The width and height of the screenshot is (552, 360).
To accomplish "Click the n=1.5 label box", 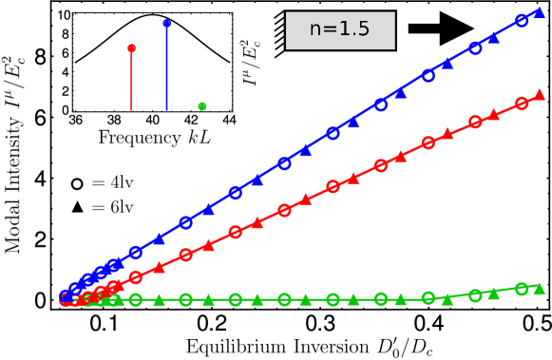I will pyautogui.click(x=340, y=29).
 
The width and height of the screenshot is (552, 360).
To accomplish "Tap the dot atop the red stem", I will pyautogui.click(x=131, y=47).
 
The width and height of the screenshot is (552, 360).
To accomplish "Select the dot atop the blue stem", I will pyautogui.click(x=167, y=22).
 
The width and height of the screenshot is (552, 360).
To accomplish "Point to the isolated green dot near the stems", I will pyautogui.click(x=201, y=105).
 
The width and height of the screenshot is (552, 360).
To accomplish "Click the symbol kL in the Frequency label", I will pyautogui.click(x=200, y=138).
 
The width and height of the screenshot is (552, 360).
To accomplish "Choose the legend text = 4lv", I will pyautogui.click(x=113, y=182).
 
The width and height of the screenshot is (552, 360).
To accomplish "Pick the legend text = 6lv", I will pyautogui.click(x=113, y=206).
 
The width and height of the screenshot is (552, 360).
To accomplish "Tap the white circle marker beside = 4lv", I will pyautogui.click(x=76, y=183).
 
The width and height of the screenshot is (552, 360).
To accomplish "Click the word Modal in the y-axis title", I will pyautogui.click(x=12, y=228).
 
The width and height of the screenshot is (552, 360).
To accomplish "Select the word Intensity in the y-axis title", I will pyautogui.click(x=12, y=160).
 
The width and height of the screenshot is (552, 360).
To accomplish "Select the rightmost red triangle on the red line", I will pyautogui.click(x=540, y=94).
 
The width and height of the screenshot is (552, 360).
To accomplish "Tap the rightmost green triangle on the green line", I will pyautogui.click(x=540, y=287).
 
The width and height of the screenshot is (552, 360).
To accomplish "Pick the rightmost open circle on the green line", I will pyautogui.click(x=522, y=289).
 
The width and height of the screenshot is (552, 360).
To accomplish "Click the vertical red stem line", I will pyautogui.click(x=131, y=80).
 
